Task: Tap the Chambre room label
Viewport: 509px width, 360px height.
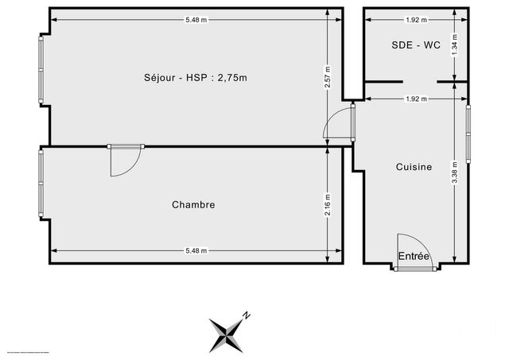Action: coord(193,205)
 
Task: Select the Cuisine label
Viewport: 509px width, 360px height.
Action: coord(414,167)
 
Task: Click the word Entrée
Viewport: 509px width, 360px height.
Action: coord(414,256)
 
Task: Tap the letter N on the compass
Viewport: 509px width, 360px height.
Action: coord(247,315)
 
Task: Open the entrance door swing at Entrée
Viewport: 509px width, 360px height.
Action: coord(409,250)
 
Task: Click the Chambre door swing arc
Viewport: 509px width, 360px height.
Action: coord(124,162)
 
